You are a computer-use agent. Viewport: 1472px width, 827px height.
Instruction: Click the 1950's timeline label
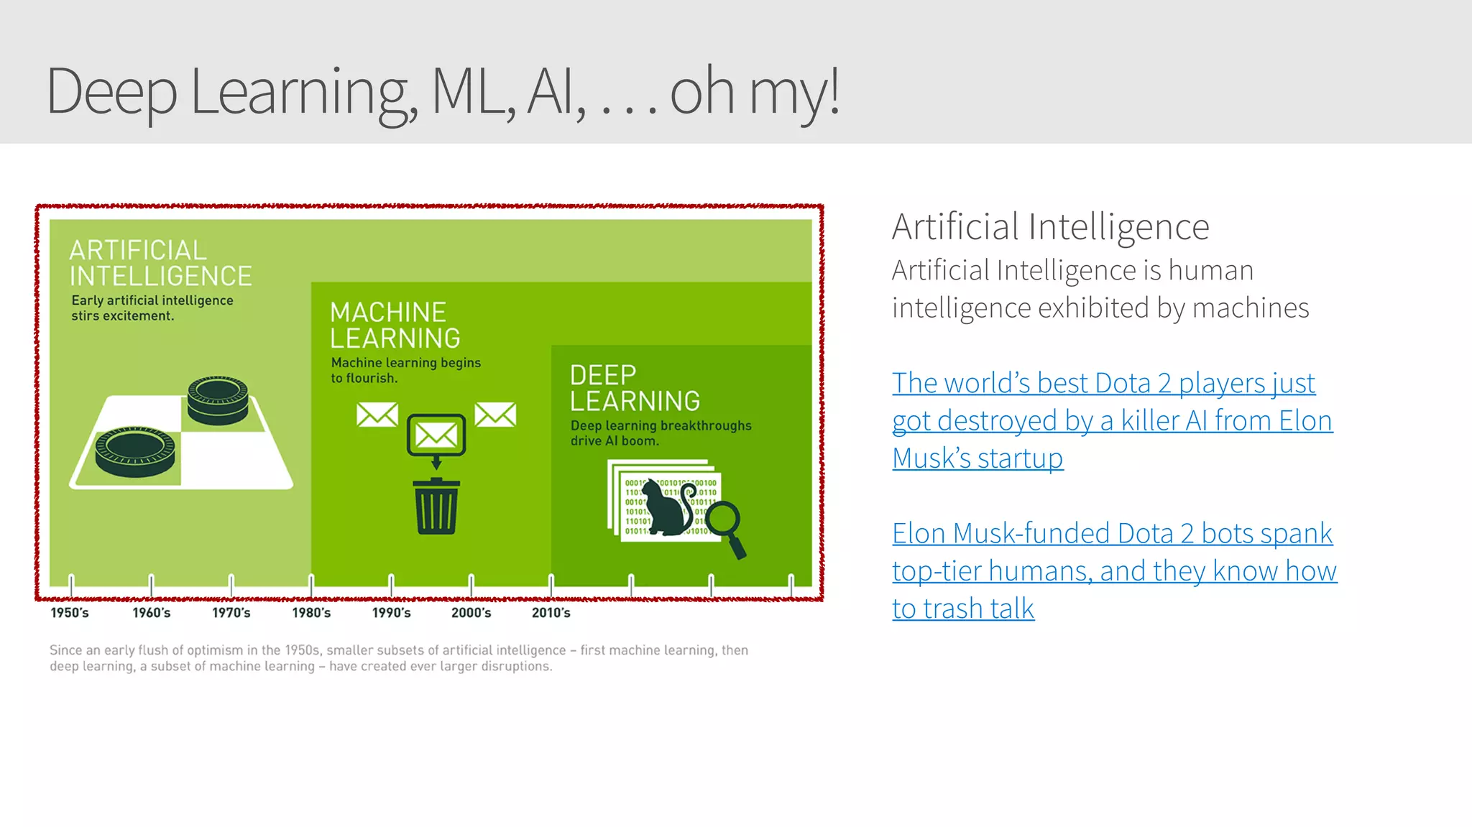70,613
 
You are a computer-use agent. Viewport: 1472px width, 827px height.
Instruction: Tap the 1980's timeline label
311,613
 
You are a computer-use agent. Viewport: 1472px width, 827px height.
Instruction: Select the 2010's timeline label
551,613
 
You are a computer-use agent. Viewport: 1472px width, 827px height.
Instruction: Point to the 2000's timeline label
471,613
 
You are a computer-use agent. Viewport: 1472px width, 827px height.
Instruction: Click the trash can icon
436,507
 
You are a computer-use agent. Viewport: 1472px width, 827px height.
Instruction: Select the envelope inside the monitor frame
436,434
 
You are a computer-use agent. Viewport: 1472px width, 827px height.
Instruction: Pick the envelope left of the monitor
377,415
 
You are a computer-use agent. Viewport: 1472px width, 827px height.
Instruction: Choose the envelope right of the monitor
495,415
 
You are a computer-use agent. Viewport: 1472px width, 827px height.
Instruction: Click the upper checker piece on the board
218,399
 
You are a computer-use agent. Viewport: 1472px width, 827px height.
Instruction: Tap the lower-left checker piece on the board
135,451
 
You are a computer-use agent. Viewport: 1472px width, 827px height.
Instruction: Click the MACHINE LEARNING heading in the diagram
395,325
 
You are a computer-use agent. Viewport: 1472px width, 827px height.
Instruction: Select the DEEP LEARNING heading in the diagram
635,388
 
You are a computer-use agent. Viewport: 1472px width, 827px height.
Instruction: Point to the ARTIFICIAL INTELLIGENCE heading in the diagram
160,263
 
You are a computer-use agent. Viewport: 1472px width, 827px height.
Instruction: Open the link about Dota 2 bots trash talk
1113,570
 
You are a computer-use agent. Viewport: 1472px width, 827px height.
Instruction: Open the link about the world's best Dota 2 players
1111,420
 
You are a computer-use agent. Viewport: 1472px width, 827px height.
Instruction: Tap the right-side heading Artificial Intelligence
1050,227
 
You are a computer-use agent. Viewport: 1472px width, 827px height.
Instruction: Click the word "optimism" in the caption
215,650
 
